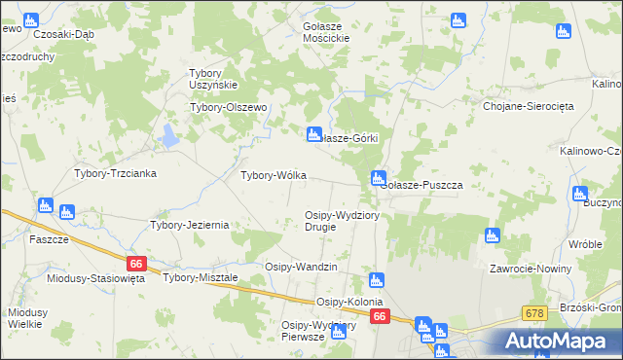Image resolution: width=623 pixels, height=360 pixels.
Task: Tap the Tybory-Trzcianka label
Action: click(116, 173)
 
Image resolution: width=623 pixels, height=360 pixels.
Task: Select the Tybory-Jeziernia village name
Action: click(189, 225)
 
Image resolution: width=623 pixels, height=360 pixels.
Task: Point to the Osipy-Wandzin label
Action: click(301, 267)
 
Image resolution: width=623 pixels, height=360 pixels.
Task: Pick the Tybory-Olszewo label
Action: click(229, 108)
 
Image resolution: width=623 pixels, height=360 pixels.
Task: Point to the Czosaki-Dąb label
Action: click(63, 33)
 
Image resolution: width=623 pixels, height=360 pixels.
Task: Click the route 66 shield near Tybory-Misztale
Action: click(136, 264)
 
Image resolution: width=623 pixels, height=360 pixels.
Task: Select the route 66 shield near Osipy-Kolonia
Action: click(380, 317)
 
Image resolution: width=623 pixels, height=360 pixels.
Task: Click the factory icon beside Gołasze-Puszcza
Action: click(377, 178)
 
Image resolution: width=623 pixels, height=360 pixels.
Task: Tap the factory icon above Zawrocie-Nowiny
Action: click(492, 234)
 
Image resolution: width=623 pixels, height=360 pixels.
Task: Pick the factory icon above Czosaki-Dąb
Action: click(30, 18)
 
